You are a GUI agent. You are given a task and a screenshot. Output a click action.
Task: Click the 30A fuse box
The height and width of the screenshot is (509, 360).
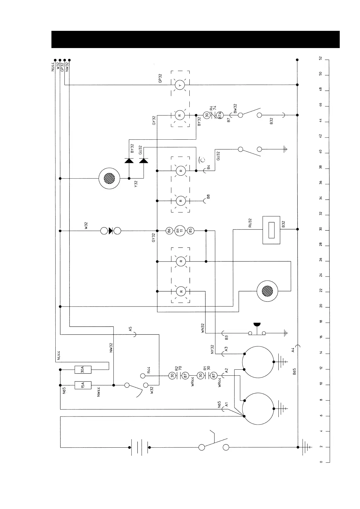pos(83,369)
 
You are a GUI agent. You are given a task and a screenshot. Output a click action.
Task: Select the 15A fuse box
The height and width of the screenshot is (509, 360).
pos(83,385)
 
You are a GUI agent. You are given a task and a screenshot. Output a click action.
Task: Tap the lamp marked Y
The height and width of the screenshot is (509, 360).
pos(180,86)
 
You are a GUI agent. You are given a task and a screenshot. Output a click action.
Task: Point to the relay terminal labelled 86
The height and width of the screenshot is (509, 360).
pos(169,231)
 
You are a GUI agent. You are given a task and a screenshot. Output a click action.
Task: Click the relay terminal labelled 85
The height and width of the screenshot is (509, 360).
pos(190,231)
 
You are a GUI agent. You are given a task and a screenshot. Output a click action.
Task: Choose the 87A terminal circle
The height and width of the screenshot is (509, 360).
pos(221,115)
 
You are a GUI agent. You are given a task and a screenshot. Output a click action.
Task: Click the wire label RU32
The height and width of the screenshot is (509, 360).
pos(250,223)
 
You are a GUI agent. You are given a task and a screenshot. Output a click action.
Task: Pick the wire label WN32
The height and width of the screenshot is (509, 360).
pos(203,329)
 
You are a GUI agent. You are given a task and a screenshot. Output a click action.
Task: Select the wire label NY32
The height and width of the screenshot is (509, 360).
pos(212,349)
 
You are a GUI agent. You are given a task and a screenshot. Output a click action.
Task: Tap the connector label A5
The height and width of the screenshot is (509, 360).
pos(130,329)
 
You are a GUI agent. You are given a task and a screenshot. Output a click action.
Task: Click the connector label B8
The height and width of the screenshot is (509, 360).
pos(208,196)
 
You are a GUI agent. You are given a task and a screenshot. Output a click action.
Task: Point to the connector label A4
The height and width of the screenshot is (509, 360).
pos(293,350)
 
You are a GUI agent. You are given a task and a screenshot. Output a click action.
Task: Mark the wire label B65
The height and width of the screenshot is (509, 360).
pos(294,371)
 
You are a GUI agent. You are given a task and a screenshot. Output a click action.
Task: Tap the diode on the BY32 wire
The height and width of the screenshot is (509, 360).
pos(129,160)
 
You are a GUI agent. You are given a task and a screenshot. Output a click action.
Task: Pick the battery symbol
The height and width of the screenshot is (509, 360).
pos(139,447)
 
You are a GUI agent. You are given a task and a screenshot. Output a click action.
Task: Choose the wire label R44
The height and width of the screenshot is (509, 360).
pos(149,369)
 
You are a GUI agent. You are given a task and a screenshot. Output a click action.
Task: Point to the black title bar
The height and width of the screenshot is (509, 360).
pos(195,39)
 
